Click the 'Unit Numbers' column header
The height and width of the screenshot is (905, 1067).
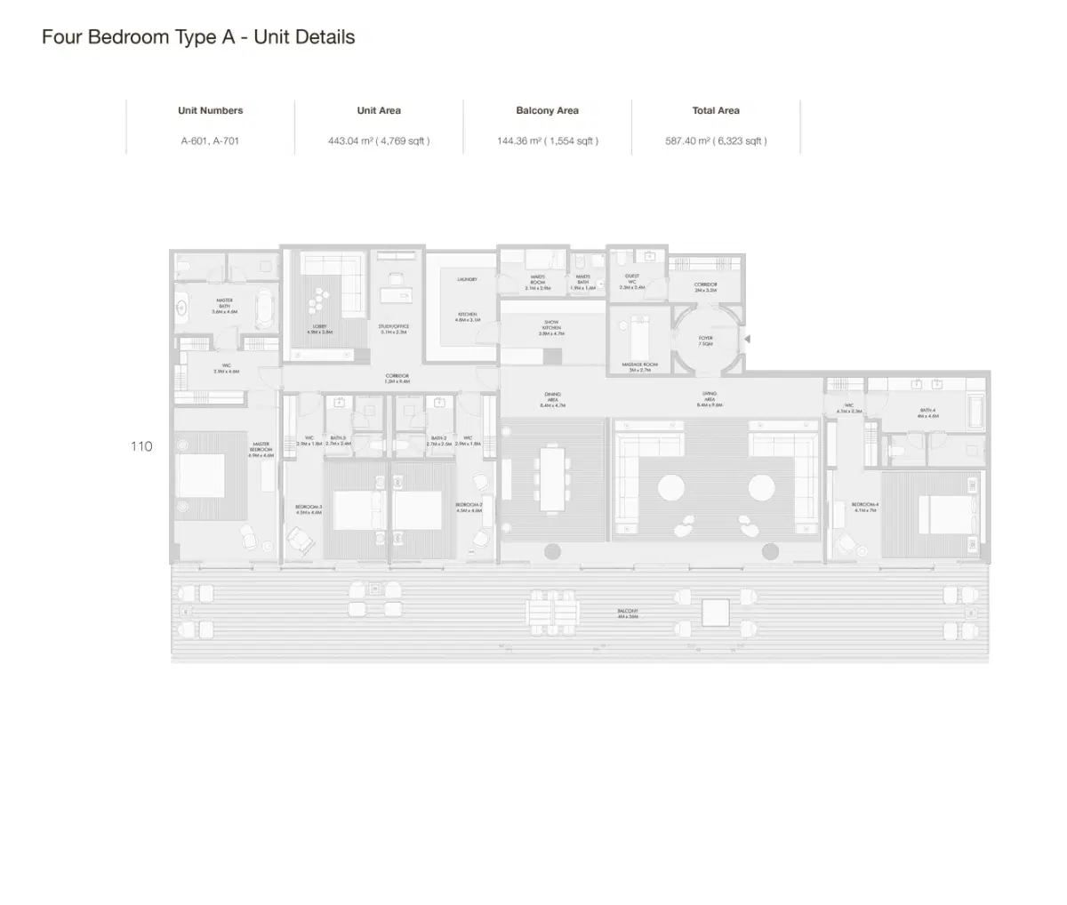210,111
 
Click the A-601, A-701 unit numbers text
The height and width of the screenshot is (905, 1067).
210,140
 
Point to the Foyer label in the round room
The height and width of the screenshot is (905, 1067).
705,340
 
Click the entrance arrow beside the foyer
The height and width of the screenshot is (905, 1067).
748,339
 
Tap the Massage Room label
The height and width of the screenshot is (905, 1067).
639,366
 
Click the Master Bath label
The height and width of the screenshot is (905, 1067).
224,306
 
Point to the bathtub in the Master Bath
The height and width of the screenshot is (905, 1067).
265,308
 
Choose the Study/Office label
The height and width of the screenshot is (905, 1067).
394,328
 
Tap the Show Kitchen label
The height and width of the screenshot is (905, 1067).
551,327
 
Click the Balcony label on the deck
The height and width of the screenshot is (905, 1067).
628,613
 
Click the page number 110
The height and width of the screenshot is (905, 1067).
141,446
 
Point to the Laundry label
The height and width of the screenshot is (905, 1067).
468,279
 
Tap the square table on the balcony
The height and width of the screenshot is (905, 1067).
715,612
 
